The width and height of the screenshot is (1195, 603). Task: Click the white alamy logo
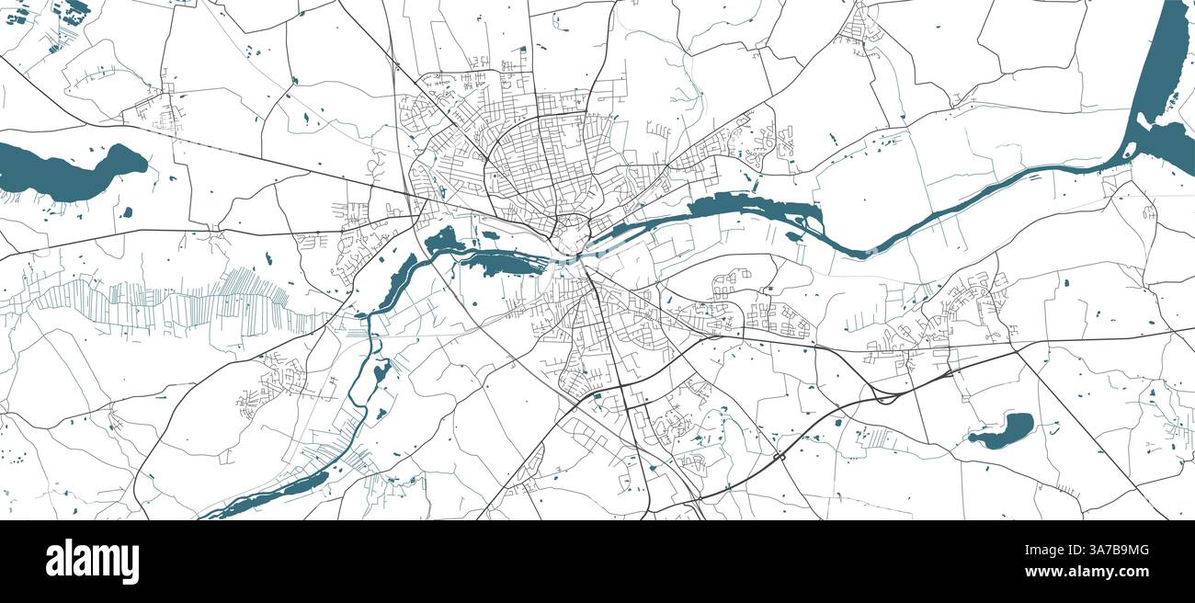click(x=92, y=562)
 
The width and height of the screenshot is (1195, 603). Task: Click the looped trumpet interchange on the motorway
click(x=884, y=396)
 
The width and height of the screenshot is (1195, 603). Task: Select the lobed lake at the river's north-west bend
click(x=443, y=241)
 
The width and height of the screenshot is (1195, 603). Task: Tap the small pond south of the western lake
click(x=126, y=212)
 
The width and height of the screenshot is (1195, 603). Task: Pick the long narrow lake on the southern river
click(x=276, y=493)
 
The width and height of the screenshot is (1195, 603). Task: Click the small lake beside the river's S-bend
click(x=381, y=371)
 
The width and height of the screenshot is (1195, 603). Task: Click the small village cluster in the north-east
click(x=860, y=28)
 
